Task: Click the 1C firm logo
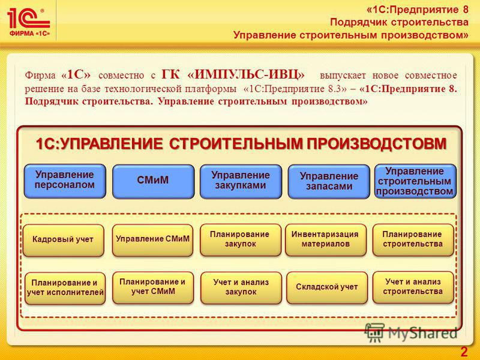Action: pyautogui.click(x=28, y=22)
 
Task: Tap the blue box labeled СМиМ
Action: pyautogui.click(x=153, y=182)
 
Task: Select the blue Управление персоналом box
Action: pyautogui.click(x=65, y=181)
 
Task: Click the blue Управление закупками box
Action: pyautogui.click(x=241, y=182)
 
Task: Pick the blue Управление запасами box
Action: pyautogui.click(x=329, y=182)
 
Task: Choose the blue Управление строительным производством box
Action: pyautogui.click(x=415, y=181)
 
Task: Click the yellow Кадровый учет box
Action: pyautogui.click(x=64, y=241)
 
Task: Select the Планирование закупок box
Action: pyautogui.click(x=241, y=240)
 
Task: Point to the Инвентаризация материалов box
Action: pyautogui.click(x=326, y=240)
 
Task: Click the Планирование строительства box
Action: pyautogui.click(x=413, y=240)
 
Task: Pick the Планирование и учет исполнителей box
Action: pyautogui.click(x=65, y=289)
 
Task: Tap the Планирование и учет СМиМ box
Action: pyautogui.click(x=153, y=288)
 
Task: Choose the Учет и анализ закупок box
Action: pyautogui.click(x=241, y=288)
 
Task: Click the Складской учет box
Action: pyautogui.click(x=327, y=288)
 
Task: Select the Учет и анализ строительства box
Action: pyautogui.click(x=413, y=287)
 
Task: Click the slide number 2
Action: pyautogui.click(x=464, y=352)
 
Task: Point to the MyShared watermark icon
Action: pyautogui.click(x=374, y=333)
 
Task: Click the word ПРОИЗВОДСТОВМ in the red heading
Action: pyautogui.click(x=377, y=144)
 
